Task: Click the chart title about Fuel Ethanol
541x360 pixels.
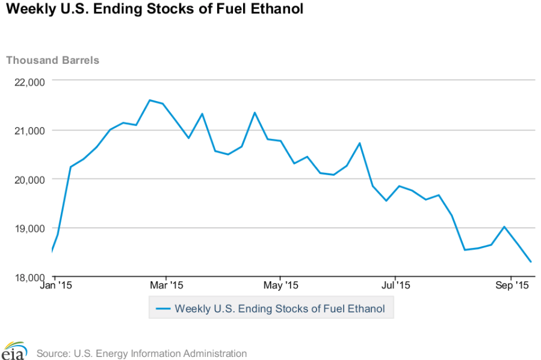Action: (154, 10)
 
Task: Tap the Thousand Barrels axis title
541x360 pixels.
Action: (52, 60)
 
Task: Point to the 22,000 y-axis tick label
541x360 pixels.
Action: (28, 82)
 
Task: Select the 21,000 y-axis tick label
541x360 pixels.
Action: (28, 131)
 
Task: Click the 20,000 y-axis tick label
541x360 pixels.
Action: (28, 179)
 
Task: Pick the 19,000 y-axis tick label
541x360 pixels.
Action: (28, 228)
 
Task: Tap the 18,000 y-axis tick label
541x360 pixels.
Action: (28, 277)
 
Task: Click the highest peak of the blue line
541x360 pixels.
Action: (149, 100)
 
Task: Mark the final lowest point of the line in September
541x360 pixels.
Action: (531, 262)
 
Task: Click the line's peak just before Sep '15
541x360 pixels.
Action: (504, 227)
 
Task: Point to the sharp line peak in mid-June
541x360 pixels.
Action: (359, 143)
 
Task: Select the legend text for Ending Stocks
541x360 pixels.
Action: (280, 309)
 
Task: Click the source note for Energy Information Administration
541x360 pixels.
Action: (141, 353)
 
